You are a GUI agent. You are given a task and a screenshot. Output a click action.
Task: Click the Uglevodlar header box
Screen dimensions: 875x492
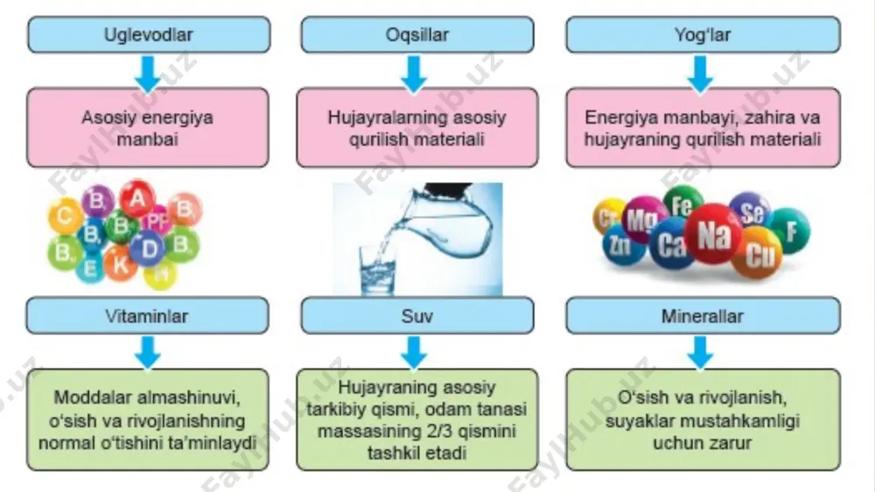(x=149, y=35)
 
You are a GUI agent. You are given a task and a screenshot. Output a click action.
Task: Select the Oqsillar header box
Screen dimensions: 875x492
(x=416, y=35)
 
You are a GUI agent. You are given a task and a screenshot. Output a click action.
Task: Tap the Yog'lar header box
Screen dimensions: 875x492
(x=703, y=35)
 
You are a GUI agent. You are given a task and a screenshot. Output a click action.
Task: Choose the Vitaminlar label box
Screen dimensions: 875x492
(x=147, y=315)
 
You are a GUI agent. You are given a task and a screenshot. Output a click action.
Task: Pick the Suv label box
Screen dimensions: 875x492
(x=416, y=315)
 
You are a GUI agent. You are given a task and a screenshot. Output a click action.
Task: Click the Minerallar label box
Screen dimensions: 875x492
(x=703, y=315)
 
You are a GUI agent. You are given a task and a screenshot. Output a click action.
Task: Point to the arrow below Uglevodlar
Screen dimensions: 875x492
(x=148, y=74)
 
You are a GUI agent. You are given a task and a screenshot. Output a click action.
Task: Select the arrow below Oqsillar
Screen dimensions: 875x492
(x=414, y=74)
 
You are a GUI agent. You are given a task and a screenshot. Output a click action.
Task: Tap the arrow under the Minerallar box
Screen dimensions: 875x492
(x=700, y=353)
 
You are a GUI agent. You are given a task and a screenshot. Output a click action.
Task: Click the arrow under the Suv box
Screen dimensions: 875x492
(x=414, y=353)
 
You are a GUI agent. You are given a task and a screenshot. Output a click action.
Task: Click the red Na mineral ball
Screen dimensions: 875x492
(x=713, y=234)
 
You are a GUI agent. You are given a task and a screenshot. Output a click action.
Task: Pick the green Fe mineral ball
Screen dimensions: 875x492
(x=682, y=206)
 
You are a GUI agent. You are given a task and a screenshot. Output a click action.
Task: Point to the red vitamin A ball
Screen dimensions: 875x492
(x=137, y=199)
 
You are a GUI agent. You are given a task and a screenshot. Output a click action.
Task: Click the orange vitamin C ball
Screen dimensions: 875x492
(x=66, y=215)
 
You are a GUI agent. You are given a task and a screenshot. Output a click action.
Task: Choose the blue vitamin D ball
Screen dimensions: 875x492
(x=149, y=248)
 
